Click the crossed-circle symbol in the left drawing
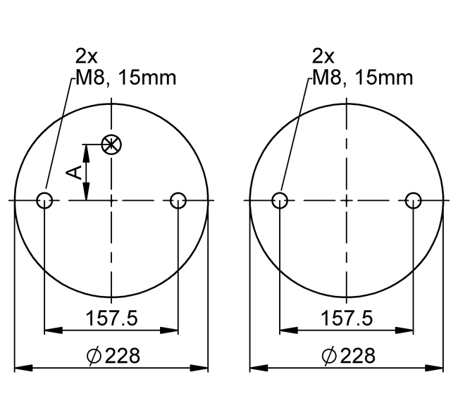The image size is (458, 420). (111, 144)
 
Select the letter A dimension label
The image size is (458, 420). (74, 173)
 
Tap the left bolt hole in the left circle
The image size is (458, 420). (44, 201)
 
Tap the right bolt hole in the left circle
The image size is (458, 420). (178, 201)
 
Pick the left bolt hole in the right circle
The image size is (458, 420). (280, 201)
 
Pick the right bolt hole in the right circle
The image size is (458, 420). (414, 201)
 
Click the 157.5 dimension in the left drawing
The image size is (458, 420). (111, 318)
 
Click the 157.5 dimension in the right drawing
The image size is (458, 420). (347, 318)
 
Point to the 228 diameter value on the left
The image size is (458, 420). (123, 355)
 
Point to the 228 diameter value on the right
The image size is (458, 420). (358, 355)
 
